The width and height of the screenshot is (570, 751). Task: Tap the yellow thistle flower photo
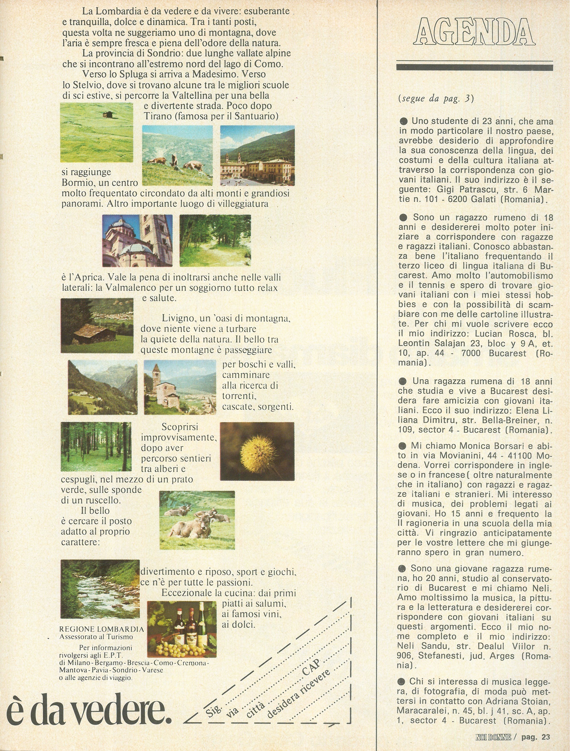257,451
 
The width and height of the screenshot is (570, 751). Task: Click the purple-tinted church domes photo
137,240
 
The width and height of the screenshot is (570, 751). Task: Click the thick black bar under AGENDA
474,67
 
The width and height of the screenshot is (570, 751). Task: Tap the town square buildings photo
257,155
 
